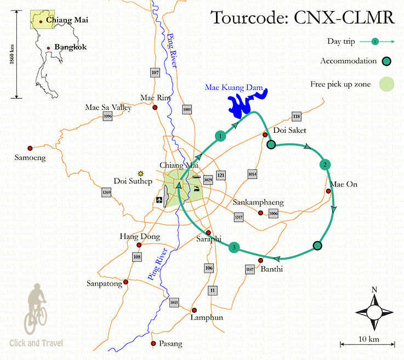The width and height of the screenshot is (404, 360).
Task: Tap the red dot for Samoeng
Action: [30, 148]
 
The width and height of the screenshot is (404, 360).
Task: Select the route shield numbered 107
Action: [155, 72]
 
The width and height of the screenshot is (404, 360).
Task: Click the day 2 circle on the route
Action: [325, 165]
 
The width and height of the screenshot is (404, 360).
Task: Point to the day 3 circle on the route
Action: [234, 248]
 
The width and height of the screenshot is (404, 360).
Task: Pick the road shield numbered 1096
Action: [107, 116]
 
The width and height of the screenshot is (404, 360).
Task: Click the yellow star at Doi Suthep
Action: [141, 173]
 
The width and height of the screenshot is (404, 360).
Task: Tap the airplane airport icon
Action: [159, 200]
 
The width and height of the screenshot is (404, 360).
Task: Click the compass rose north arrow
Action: [374, 312]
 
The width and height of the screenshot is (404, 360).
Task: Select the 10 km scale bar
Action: [367, 345]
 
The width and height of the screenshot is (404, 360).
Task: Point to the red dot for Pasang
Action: [153, 344]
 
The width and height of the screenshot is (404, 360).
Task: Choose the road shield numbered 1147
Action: [250, 269]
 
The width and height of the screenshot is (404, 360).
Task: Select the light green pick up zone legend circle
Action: [387, 85]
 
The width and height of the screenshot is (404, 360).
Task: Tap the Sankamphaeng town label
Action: [258, 202]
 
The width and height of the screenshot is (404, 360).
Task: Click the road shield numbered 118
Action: [297, 116]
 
